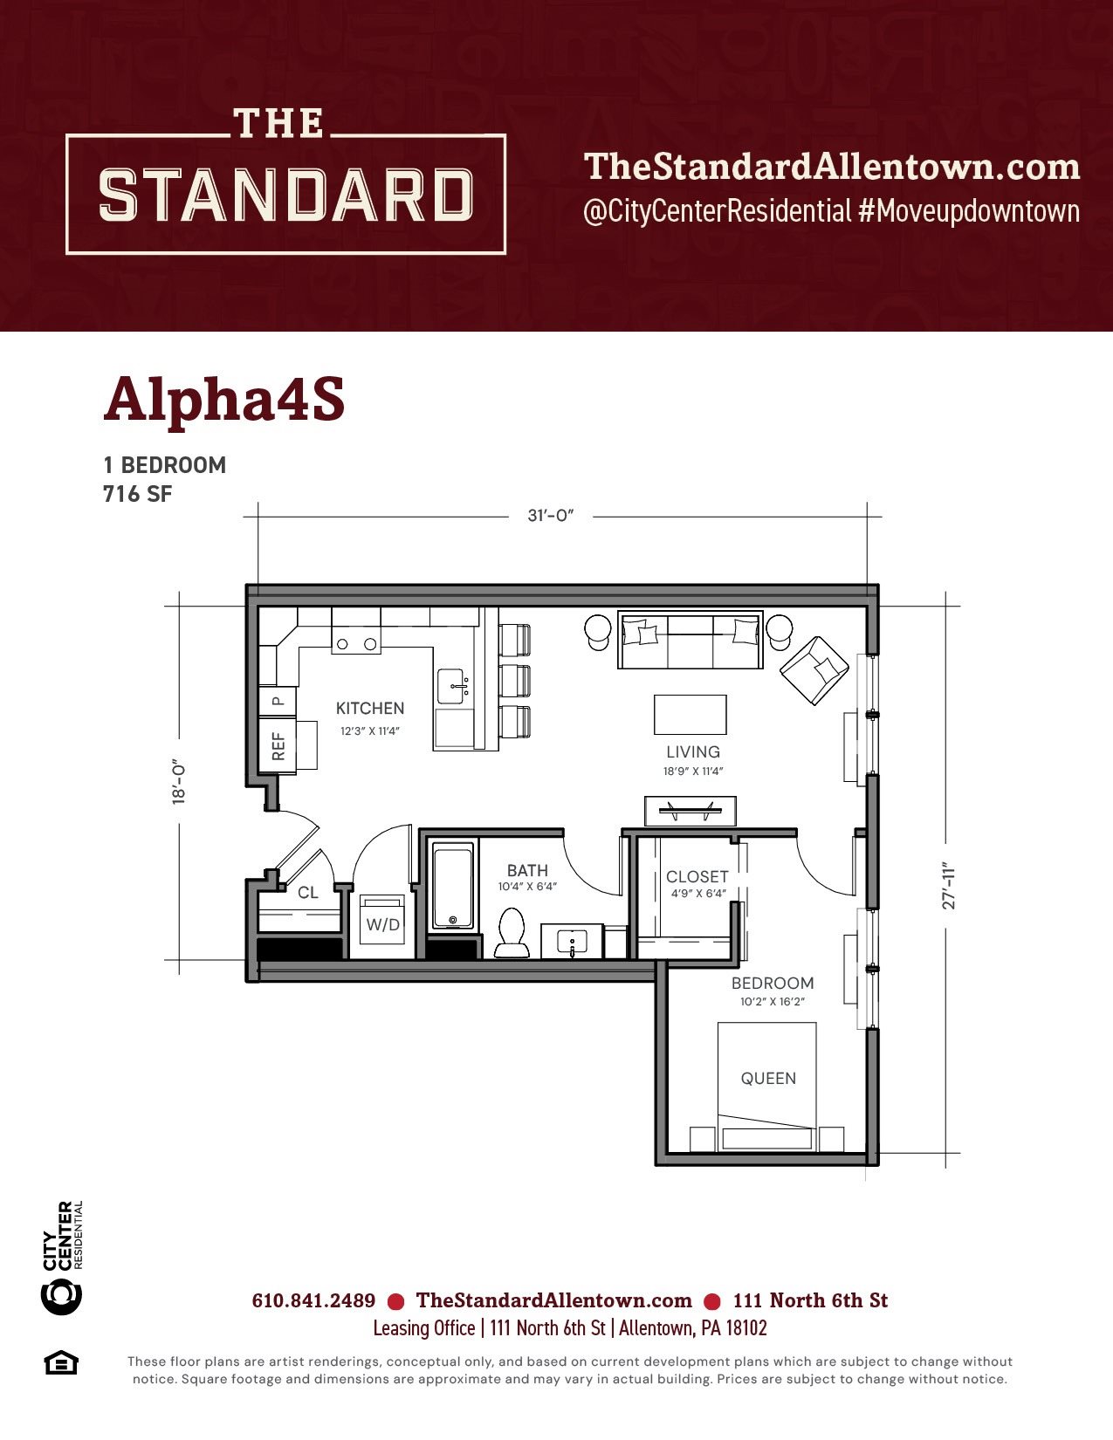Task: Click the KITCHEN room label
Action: (370, 709)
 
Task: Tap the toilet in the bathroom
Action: (512, 932)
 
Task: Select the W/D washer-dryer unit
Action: (382, 923)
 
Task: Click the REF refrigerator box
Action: (278, 745)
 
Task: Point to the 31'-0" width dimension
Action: (550, 516)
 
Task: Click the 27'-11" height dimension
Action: (949, 885)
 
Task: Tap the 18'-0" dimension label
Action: (178, 782)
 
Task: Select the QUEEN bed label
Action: (768, 1078)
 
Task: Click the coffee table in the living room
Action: (690, 715)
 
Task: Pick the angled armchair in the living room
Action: (814, 670)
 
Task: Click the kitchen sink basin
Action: (454, 687)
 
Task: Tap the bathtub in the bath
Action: (453, 886)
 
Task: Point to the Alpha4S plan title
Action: (224, 401)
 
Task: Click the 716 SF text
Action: (137, 494)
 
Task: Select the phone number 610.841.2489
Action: (313, 1301)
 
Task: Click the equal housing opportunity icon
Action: (61, 1363)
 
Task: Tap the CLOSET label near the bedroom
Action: (697, 877)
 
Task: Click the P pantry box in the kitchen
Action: (278, 701)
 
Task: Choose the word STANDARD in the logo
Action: (285, 195)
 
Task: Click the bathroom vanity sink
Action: (572, 941)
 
